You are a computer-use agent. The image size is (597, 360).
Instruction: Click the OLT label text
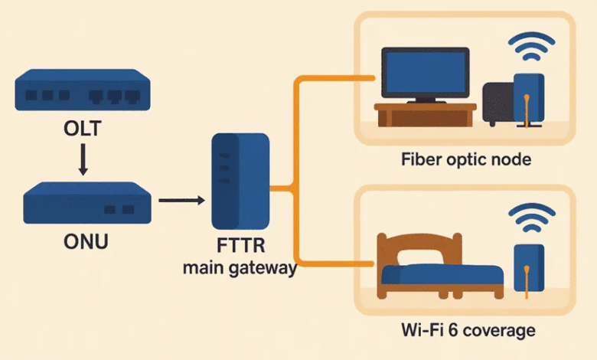pos(82,127)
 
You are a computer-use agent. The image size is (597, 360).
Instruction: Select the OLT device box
pos(82,89)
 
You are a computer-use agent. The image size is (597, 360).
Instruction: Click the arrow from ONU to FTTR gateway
pos(181,201)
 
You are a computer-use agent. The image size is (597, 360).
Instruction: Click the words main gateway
pos(240,269)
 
